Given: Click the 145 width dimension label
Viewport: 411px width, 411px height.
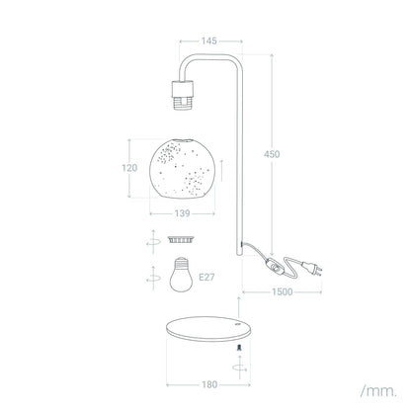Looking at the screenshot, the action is (x=209, y=41).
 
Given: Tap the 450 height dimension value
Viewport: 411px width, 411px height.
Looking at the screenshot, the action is (x=272, y=154).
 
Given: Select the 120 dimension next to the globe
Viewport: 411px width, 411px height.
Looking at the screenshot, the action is (x=129, y=168).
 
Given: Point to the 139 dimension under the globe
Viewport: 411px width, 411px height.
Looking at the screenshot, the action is (x=182, y=213).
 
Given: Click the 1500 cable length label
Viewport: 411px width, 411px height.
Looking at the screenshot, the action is (x=283, y=291).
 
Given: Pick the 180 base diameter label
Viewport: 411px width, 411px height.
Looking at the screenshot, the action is (x=209, y=384).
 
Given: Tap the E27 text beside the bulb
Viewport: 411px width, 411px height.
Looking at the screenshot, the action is (x=206, y=278).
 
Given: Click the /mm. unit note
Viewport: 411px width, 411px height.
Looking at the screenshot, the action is (x=378, y=391).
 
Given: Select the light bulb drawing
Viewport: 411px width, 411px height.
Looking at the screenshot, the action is (x=181, y=275).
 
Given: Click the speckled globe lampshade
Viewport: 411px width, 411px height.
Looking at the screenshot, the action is (x=183, y=169).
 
